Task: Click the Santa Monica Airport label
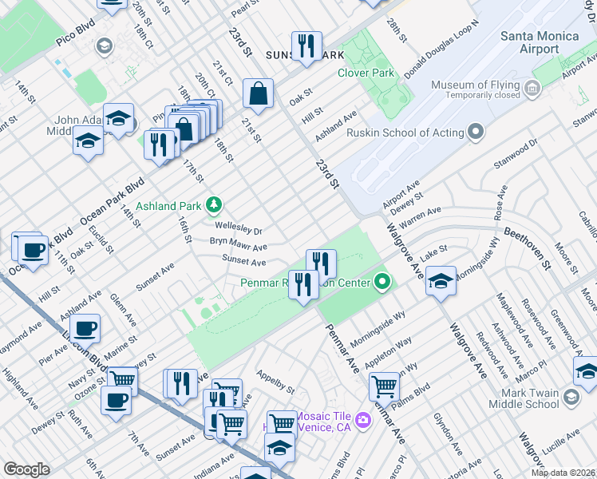point(530,42)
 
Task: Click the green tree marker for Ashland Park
point(213,205)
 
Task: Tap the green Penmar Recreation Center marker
point(383,282)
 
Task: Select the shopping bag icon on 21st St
point(259,93)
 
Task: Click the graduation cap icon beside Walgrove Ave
point(440,280)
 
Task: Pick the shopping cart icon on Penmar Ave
point(384,386)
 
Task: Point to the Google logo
point(26,469)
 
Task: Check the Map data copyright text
point(563,473)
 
